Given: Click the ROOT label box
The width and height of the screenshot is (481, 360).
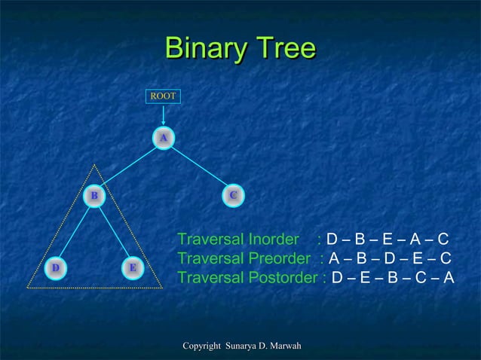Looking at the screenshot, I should click(163, 96).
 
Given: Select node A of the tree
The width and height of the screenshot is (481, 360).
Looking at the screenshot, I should click(163, 137).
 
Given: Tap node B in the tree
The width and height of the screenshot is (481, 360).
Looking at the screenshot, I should click(94, 196).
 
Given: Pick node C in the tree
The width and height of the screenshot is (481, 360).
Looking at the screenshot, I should click(234, 195).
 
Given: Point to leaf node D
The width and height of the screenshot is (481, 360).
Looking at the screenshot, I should click(55, 267).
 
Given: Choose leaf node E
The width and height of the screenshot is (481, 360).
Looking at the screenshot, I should click(132, 267).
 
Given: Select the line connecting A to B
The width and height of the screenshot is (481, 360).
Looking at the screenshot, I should click(128, 166).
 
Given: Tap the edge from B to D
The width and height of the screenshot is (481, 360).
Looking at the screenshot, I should click(75, 231).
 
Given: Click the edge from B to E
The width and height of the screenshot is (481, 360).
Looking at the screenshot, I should click(113, 231).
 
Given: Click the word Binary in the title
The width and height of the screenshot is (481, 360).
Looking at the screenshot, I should click(201, 49).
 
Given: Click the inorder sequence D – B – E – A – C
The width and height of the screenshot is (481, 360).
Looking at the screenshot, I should click(388, 240).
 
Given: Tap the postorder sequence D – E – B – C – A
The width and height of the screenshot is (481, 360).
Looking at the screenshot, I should click(393, 278).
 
